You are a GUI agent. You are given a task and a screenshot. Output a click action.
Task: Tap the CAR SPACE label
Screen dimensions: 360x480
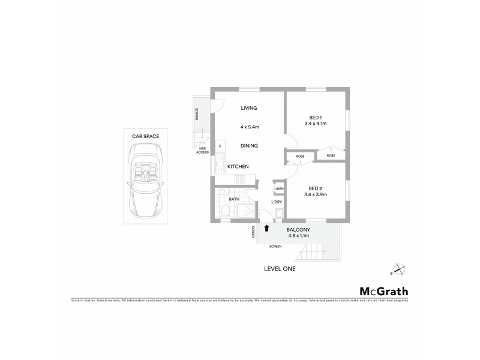pyautogui.click(x=146, y=137)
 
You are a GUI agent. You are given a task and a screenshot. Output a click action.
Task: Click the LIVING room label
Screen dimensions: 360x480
pyautogui.click(x=249, y=108)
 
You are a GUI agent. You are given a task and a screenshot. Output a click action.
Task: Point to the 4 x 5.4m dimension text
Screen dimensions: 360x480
pyautogui.click(x=249, y=127)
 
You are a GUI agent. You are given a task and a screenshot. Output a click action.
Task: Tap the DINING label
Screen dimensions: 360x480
pyautogui.click(x=250, y=146)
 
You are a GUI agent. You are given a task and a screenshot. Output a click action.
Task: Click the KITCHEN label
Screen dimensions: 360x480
pyautogui.click(x=238, y=166)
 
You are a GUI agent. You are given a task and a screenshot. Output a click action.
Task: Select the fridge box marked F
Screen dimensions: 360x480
pyautogui.click(x=220, y=146)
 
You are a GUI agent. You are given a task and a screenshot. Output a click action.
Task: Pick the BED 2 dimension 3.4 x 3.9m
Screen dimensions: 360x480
pyautogui.click(x=316, y=194)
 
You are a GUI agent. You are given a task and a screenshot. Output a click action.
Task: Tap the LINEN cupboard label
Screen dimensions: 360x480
pyautogui.click(x=278, y=190)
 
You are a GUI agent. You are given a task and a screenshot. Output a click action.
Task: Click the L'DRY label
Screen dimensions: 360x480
pyautogui.click(x=277, y=202)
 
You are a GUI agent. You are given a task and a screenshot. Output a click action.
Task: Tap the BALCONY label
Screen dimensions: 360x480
pyautogui.click(x=298, y=230)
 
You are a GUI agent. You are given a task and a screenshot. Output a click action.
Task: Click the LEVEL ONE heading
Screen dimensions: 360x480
pyautogui.click(x=280, y=269)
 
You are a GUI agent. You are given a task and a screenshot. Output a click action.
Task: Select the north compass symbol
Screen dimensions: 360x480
pyautogui.click(x=398, y=269)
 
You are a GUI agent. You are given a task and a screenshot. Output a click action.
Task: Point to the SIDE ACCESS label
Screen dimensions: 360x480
pyautogui.click(x=202, y=151)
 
